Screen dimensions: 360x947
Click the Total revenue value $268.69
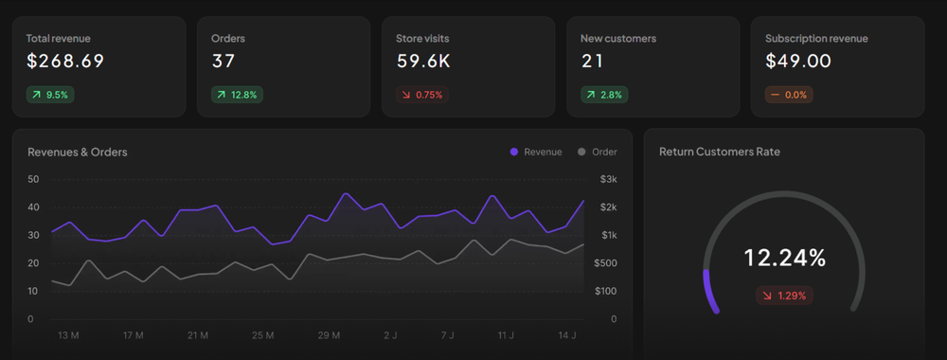click(64, 63)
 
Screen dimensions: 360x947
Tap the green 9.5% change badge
click(50, 95)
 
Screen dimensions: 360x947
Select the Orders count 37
click(224, 63)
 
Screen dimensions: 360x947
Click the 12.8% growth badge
click(237, 95)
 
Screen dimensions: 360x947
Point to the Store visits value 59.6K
click(422, 63)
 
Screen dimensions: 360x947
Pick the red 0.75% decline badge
click(420, 95)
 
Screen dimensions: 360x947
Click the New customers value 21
click(593, 63)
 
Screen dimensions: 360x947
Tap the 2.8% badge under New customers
click(604, 95)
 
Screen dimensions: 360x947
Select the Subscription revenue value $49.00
click(798, 63)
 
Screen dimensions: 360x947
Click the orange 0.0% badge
click(789, 95)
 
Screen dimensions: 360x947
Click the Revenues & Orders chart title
click(78, 152)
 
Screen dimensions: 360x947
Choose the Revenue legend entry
click(536, 152)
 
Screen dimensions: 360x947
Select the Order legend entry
click(597, 152)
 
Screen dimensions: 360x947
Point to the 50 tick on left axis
click(33, 179)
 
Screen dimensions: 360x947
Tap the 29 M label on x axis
click(329, 335)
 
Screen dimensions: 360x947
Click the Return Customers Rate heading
click(720, 152)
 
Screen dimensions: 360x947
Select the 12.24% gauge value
click(784, 258)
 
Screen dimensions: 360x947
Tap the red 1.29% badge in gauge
click(784, 296)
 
